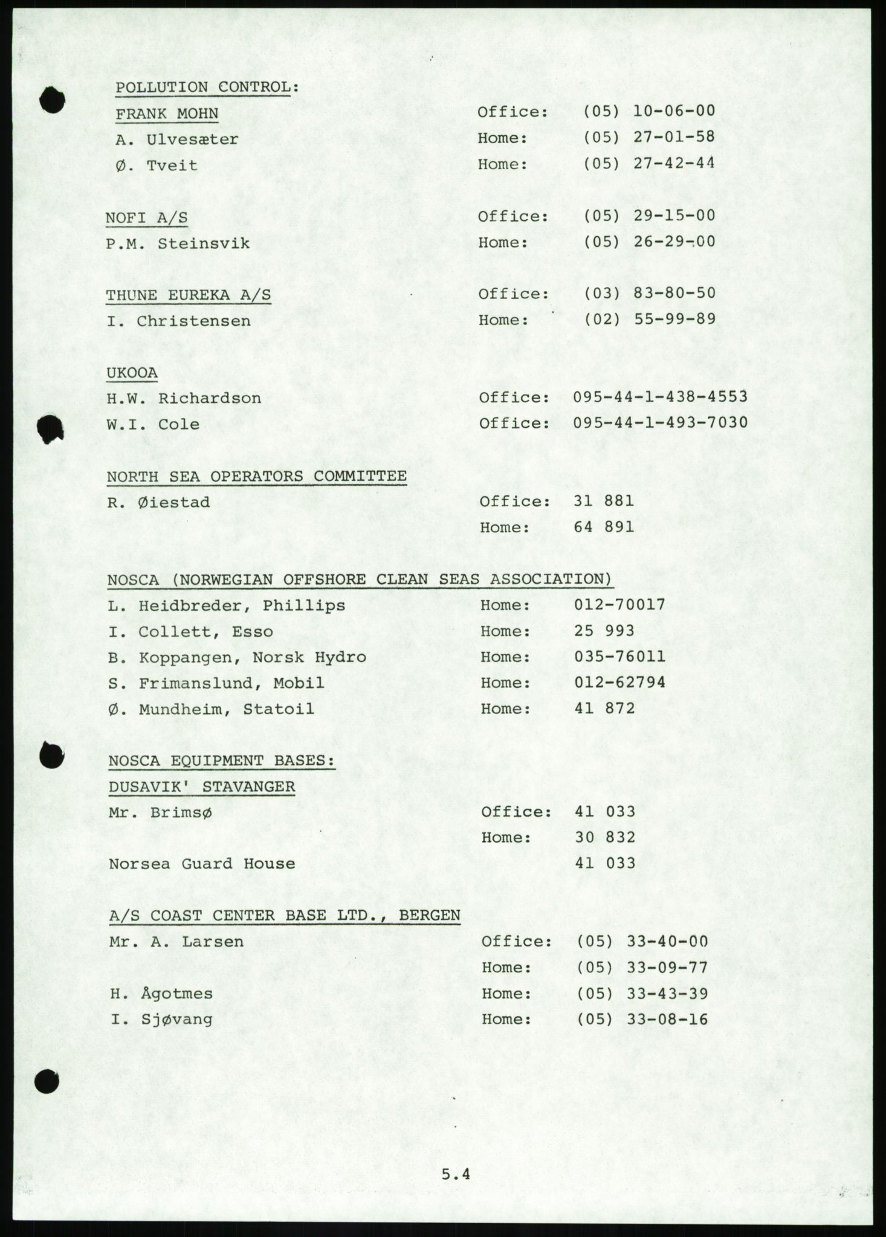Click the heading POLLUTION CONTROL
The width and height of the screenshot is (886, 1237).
(x=207, y=87)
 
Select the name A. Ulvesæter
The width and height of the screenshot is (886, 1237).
(x=177, y=139)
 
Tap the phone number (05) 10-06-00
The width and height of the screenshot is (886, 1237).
(x=649, y=111)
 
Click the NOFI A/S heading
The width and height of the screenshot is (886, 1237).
(x=147, y=218)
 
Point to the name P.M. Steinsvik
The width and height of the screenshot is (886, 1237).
(x=178, y=243)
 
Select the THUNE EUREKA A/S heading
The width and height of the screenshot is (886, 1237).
(x=189, y=295)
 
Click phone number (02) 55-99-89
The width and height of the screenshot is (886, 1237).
(x=650, y=319)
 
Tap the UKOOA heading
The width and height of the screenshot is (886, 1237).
(x=132, y=373)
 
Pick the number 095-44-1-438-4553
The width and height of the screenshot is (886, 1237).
(x=661, y=397)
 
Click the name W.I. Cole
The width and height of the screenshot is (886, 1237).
(x=153, y=424)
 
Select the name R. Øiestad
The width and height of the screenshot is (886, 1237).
(x=158, y=502)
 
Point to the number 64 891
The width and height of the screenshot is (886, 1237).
(x=604, y=527)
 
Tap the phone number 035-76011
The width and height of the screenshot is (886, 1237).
(x=619, y=657)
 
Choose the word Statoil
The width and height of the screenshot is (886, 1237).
(x=279, y=708)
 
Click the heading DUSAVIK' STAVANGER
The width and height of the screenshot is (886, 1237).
(x=202, y=786)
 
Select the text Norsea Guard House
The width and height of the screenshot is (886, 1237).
(x=202, y=864)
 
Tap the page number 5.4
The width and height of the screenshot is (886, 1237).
(x=455, y=1175)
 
